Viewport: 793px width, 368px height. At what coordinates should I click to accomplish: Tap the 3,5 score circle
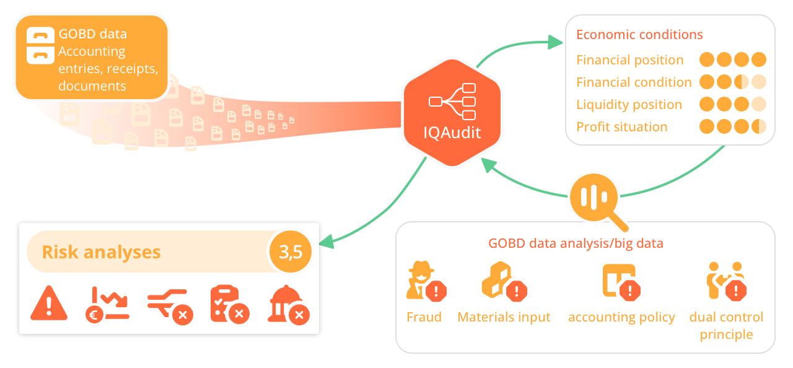click(291, 252)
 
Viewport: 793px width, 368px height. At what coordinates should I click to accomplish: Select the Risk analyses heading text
click(101, 252)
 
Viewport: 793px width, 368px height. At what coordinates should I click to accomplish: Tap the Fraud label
click(424, 317)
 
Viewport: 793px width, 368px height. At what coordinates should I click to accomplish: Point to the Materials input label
click(504, 317)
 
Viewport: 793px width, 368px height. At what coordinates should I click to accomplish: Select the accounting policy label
click(621, 317)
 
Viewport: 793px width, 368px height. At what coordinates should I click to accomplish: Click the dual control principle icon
click(726, 281)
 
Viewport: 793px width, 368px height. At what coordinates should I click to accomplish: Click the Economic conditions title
click(639, 35)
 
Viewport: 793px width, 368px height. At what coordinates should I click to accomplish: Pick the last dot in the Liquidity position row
click(759, 105)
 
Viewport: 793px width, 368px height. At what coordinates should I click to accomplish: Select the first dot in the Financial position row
click(707, 60)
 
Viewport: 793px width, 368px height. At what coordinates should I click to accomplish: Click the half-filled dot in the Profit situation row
click(759, 127)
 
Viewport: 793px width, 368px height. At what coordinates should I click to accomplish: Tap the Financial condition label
click(634, 82)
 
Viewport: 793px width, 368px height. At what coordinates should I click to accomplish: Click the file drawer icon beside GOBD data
click(41, 45)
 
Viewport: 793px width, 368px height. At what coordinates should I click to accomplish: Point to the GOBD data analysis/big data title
click(576, 243)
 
